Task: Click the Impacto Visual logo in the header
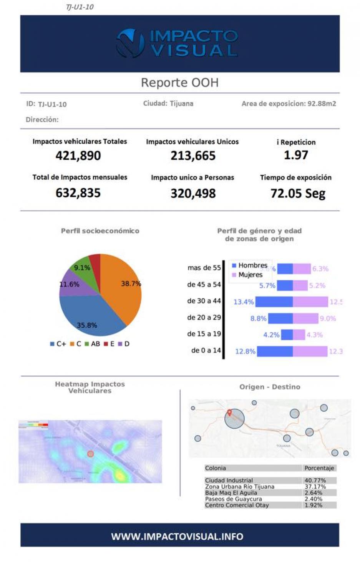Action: (x=177, y=43)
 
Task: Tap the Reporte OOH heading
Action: (x=179, y=83)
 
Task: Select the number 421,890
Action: (x=78, y=156)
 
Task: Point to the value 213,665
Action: (x=193, y=156)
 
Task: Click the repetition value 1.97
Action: (x=296, y=155)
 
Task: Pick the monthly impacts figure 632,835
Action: (x=78, y=193)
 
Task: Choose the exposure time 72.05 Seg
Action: (x=298, y=193)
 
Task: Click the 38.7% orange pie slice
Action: (x=123, y=288)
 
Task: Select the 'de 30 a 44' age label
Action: (x=204, y=301)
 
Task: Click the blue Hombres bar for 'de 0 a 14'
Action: (x=274, y=351)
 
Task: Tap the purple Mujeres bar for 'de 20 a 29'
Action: (x=305, y=318)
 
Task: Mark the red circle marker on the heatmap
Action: (x=90, y=454)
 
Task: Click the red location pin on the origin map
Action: (x=229, y=413)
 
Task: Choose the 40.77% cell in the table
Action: (x=315, y=480)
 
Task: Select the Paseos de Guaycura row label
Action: (x=233, y=499)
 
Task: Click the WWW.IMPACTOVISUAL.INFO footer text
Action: (x=177, y=536)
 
